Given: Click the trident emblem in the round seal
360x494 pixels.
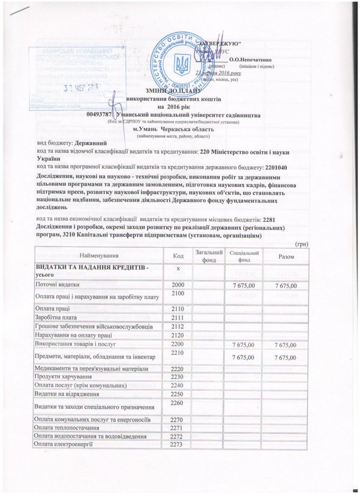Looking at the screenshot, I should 181,62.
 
